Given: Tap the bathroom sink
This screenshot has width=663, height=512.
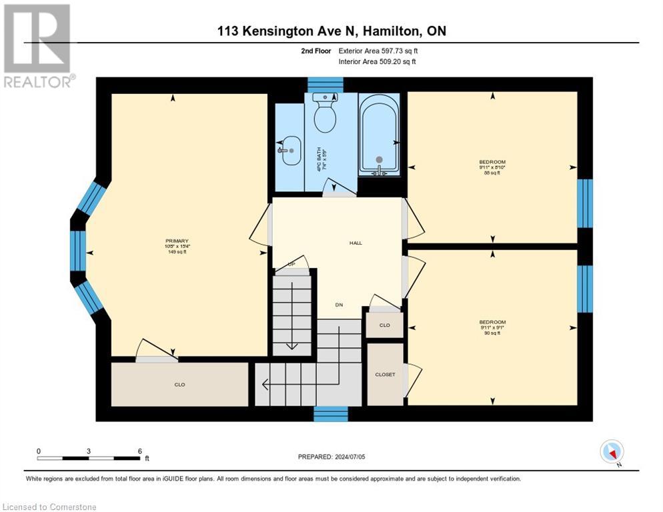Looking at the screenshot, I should pos(289,151).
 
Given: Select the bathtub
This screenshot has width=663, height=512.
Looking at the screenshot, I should pos(379,135).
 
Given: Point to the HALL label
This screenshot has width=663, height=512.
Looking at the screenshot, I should pos(356,243).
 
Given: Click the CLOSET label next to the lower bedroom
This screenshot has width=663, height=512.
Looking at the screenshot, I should pos(385,375).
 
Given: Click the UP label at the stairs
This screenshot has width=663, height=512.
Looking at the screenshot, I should pos(291,265).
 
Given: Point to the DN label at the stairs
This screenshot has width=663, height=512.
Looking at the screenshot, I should pos(339,305).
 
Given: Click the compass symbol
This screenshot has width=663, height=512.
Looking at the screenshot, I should pos(612,452).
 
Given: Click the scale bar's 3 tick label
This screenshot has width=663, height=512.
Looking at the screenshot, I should pos(89,451).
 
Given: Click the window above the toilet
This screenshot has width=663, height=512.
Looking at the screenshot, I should pos(325,84).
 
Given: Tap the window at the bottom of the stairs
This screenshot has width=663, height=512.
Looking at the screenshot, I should pos(331,414).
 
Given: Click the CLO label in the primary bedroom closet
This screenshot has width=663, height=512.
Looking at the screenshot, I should pos(179,384).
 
